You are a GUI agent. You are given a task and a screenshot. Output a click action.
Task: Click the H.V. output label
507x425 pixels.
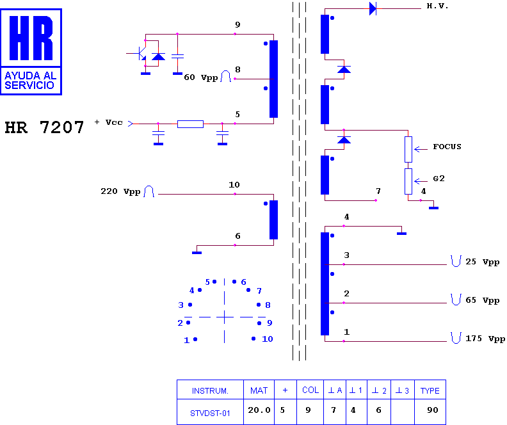(x=437, y=6)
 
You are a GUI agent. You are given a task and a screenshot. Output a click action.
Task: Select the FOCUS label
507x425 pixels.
(x=447, y=147)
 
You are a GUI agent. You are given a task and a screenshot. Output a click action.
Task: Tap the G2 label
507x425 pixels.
(x=439, y=179)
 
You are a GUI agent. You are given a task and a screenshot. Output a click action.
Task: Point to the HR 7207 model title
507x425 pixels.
(x=44, y=127)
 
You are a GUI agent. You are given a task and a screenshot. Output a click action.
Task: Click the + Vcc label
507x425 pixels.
(x=109, y=122)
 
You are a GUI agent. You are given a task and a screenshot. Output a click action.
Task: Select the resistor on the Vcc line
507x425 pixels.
(x=191, y=124)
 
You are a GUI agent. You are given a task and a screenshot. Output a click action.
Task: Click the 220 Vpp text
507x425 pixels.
(x=120, y=191)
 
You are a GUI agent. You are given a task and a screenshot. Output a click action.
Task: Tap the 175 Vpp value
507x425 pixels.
(x=485, y=339)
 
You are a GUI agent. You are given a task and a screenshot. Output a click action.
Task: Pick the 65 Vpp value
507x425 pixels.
(x=483, y=300)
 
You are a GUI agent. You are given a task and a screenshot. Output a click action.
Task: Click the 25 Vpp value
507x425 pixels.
(x=483, y=262)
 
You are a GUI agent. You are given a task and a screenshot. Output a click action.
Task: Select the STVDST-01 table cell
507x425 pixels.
(x=210, y=413)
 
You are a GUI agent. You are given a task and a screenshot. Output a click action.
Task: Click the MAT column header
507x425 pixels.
(x=259, y=390)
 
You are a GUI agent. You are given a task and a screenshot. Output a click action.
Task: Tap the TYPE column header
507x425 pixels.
(x=430, y=390)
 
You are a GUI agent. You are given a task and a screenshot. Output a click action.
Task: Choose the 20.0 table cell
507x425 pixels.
(x=259, y=410)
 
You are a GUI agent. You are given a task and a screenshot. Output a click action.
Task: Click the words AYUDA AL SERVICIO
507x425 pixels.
(x=30, y=81)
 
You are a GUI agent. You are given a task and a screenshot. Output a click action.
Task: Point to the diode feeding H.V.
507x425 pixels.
(x=373, y=9)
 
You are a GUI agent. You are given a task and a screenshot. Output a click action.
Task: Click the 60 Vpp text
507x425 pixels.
(x=201, y=77)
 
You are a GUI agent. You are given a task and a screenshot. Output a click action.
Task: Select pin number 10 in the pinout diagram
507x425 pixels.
(x=268, y=339)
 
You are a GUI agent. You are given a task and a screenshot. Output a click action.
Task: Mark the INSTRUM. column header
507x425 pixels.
(x=210, y=390)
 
